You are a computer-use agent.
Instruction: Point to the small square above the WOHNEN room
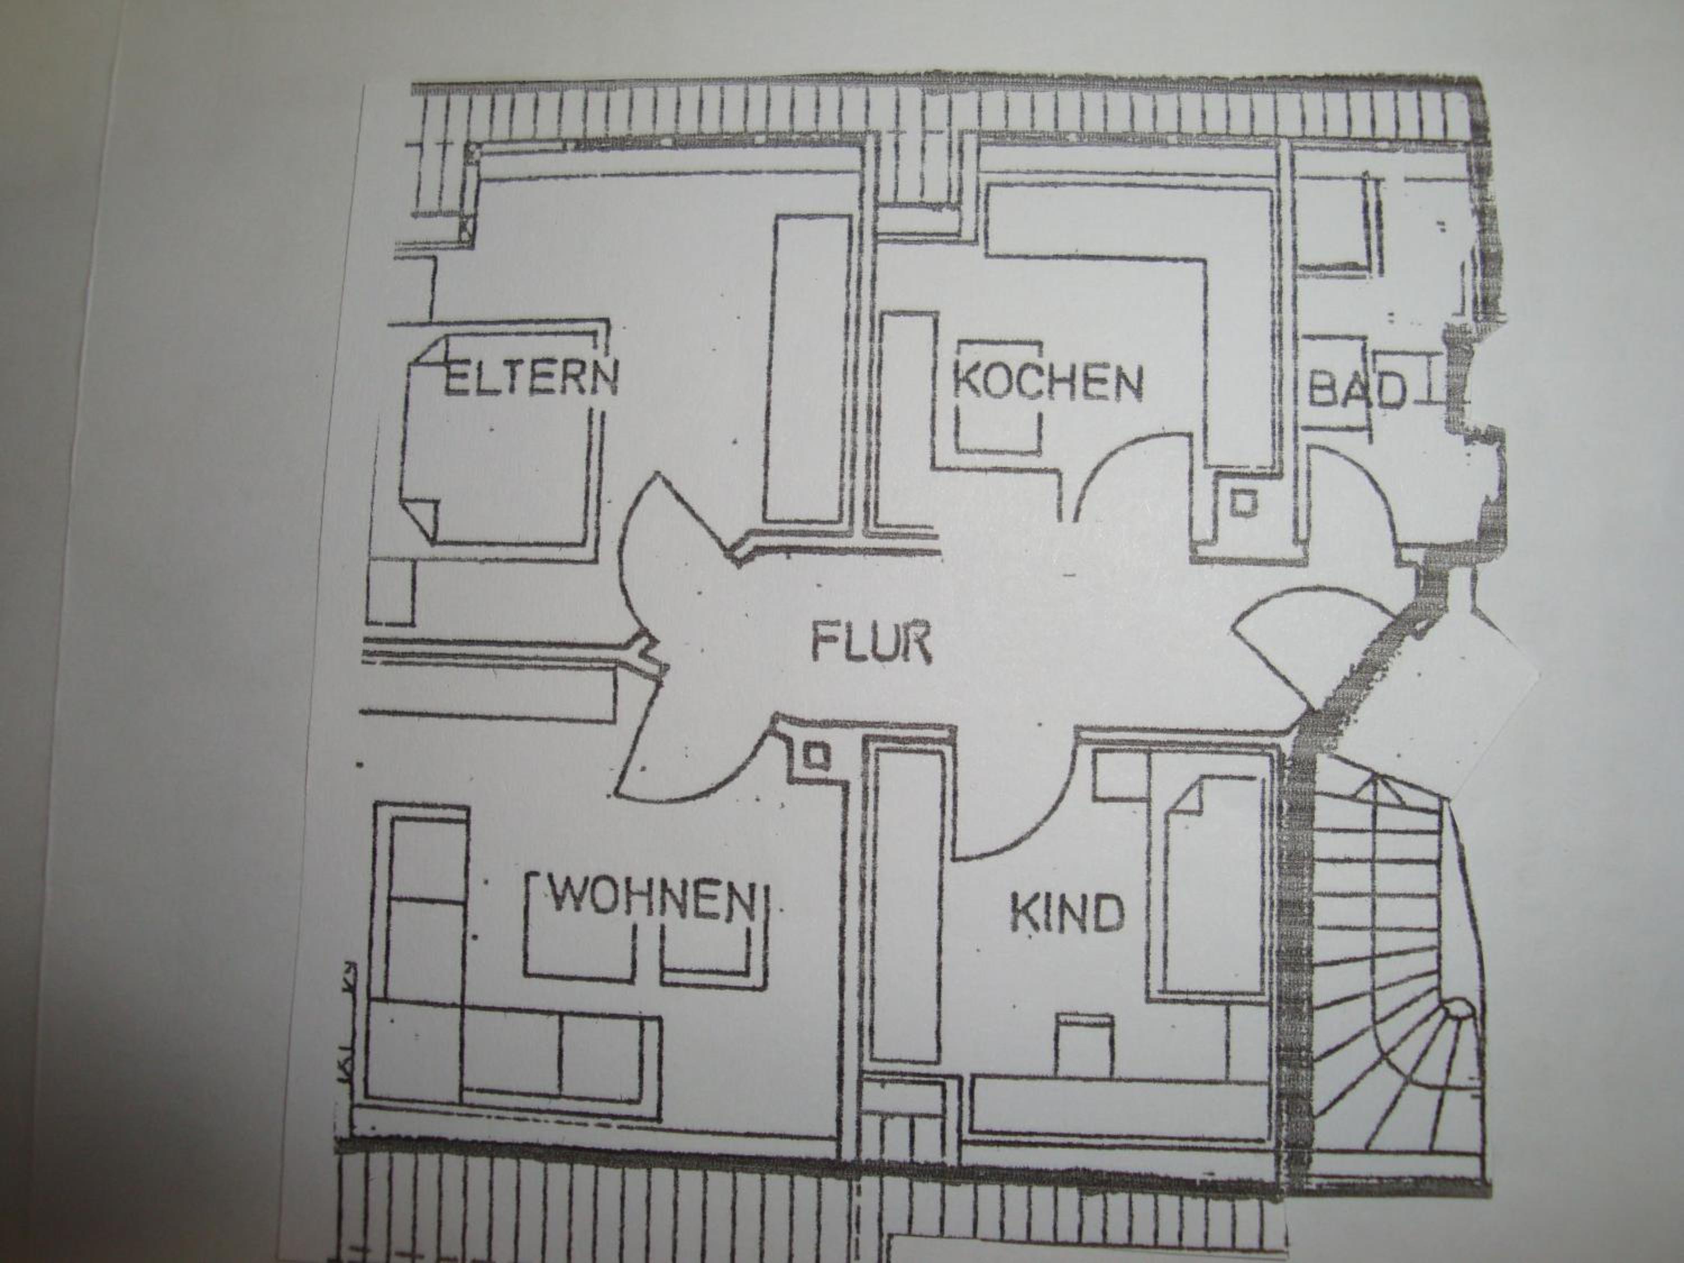pyautogui.click(x=817, y=756)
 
